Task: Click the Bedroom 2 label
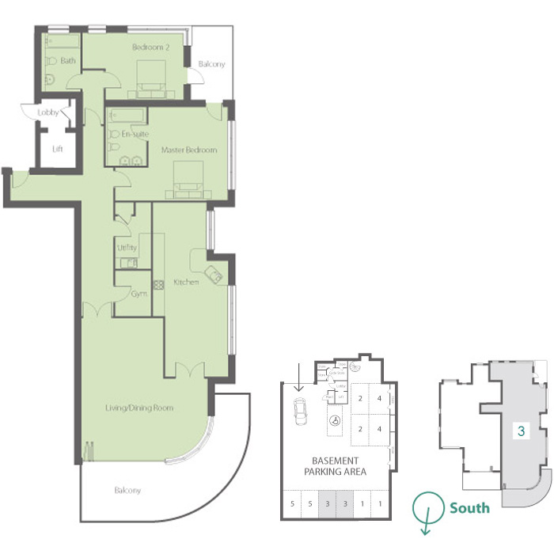[150, 47]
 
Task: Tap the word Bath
[68, 60]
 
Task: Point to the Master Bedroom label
[188, 150]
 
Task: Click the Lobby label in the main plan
[48, 113]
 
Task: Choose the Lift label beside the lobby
[57, 149]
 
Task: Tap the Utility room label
[127, 249]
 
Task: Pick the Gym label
[139, 293]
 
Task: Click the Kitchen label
[186, 283]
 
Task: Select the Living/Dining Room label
[139, 408]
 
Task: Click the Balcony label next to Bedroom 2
[211, 64]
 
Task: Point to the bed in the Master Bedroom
[188, 177]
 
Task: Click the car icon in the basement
[301, 411]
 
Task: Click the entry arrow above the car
[298, 378]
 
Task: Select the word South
[469, 507]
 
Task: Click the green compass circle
[428, 506]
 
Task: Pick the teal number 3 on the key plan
[521, 431]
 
